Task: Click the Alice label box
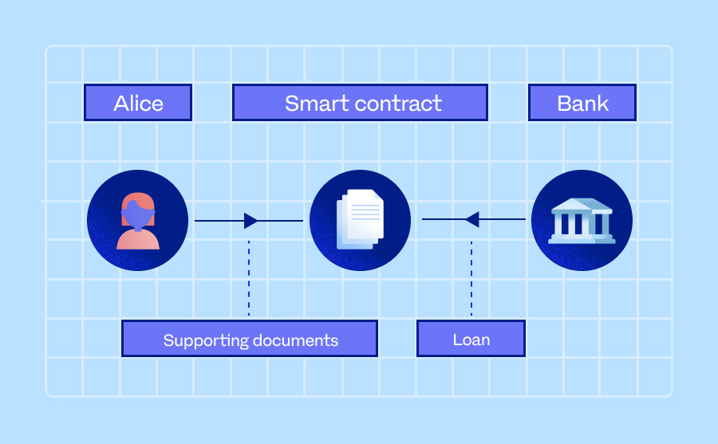click(138, 103)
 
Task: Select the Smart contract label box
click(360, 103)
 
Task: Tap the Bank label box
click(582, 103)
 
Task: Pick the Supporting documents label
click(250, 339)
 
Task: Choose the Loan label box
click(471, 339)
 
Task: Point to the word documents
click(296, 340)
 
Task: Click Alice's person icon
click(137, 221)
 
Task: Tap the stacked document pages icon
click(360, 220)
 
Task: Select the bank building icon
click(582, 221)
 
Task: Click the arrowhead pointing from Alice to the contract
click(251, 221)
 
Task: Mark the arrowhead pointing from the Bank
click(471, 219)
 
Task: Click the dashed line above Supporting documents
click(249, 279)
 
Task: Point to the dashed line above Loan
click(471, 279)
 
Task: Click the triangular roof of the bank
click(582, 205)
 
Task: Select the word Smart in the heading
click(312, 103)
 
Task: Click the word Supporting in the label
click(205, 340)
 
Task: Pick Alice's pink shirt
click(137, 238)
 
